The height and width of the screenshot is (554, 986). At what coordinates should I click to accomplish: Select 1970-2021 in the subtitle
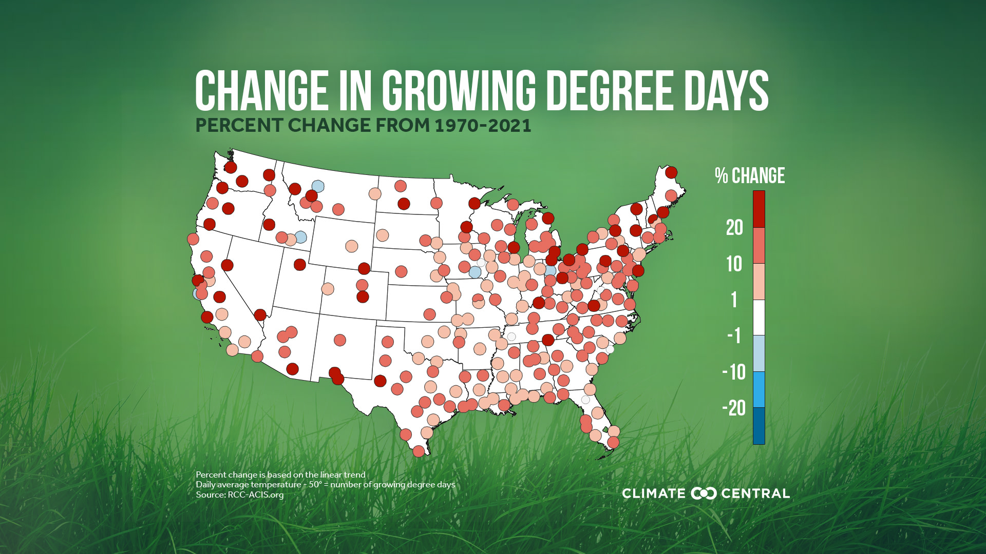(x=483, y=126)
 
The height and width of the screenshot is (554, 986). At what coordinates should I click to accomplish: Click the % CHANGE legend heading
(x=749, y=176)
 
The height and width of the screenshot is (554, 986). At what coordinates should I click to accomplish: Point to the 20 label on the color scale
(x=734, y=227)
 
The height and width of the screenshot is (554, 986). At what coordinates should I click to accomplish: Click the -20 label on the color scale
(x=733, y=408)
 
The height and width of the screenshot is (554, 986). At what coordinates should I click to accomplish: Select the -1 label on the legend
(x=734, y=336)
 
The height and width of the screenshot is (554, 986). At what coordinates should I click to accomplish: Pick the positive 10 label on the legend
(x=734, y=264)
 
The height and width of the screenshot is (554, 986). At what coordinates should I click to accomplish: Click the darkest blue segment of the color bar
(x=759, y=426)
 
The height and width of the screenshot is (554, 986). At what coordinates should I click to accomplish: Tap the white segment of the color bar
(x=759, y=318)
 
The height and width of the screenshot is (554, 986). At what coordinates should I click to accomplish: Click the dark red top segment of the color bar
(x=759, y=209)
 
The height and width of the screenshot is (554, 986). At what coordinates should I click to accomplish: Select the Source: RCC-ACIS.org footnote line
(x=239, y=495)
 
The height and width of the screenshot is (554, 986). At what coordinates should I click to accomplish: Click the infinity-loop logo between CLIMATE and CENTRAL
(x=704, y=493)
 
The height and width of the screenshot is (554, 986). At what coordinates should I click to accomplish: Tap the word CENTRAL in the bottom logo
(x=755, y=493)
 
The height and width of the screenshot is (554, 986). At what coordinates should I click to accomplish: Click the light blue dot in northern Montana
(x=317, y=186)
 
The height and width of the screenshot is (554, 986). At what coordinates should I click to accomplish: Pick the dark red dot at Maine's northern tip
(x=671, y=172)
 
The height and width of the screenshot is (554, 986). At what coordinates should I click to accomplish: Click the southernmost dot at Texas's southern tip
(x=418, y=451)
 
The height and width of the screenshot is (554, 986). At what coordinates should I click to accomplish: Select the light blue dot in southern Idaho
(x=300, y=237)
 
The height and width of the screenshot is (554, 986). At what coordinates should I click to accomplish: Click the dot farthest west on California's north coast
(x=193, y=239)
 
